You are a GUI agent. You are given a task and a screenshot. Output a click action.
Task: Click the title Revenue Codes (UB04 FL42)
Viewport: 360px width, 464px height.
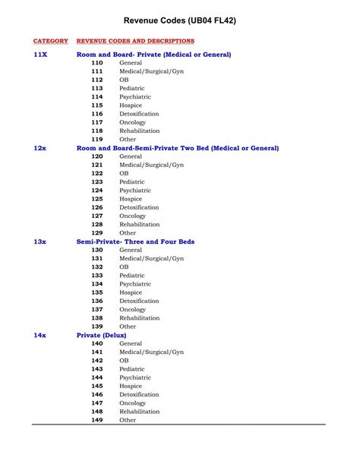(180, 21)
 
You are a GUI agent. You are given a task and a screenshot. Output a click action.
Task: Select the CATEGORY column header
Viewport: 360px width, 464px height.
(51, 40)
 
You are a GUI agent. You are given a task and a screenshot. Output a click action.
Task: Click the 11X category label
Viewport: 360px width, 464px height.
(40, 55)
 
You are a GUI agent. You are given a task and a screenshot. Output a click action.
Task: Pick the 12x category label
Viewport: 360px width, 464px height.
(40, 148)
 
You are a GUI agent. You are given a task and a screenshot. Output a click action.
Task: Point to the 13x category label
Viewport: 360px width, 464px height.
(40, 241)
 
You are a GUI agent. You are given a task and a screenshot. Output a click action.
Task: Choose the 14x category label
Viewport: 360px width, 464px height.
(40, 335)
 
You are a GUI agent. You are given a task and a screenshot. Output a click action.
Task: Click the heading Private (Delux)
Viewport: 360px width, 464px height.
(102, 335)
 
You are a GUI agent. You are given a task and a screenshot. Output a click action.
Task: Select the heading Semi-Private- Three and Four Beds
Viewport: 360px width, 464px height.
(135, 241)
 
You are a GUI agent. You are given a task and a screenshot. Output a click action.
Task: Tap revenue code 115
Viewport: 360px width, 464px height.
(97, 106)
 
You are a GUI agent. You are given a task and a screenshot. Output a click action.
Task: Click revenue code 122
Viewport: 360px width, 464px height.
(97, 173)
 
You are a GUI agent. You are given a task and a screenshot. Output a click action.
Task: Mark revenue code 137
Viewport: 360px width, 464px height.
(97, 309)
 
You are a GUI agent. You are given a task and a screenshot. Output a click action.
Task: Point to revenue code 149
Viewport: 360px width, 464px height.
(97, 420)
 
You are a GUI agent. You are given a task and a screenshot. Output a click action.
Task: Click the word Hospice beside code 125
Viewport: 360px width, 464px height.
(131, 199)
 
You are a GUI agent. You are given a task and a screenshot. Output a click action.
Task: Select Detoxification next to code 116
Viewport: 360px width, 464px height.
(139, 114)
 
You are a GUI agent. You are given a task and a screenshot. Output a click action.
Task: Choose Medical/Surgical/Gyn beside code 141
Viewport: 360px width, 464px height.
(151, 352)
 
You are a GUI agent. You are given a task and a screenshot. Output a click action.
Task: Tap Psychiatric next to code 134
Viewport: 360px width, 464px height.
(135, 284)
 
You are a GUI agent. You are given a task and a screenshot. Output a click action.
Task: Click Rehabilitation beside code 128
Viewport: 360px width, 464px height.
(140, 225)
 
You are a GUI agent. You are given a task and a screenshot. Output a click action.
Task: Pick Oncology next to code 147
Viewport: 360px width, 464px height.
(132, 403)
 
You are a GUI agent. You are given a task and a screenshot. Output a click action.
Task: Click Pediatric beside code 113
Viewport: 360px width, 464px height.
(132, 89)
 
